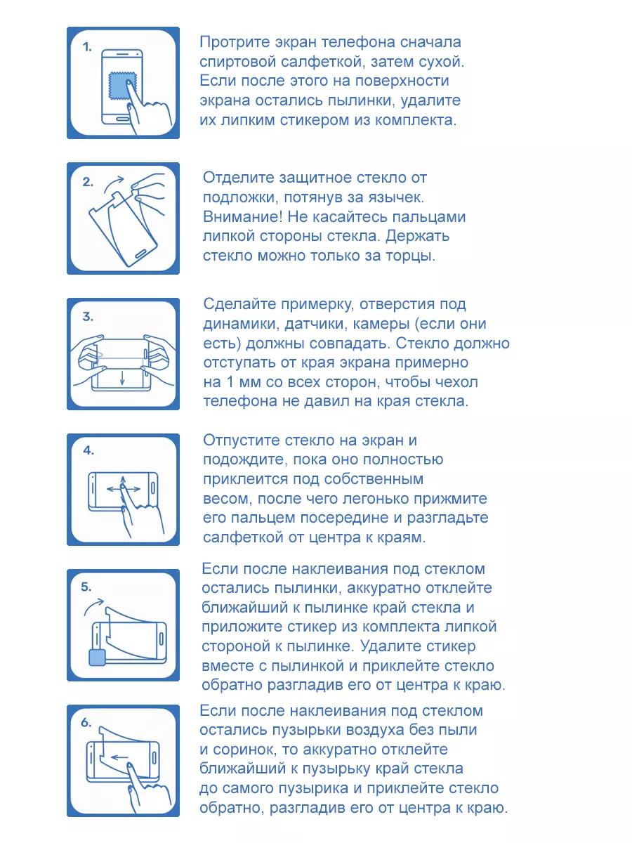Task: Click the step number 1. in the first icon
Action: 87,47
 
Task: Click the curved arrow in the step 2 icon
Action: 114,183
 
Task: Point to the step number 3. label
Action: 88,316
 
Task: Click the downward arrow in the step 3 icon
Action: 122,377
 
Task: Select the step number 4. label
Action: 88,450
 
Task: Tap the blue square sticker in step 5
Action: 97,657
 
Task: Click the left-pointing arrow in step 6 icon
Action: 119,758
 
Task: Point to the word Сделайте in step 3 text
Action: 239,305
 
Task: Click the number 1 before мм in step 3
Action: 230,382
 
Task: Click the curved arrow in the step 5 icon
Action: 93,606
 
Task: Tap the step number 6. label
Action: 86,723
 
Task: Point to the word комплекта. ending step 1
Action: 416,121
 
